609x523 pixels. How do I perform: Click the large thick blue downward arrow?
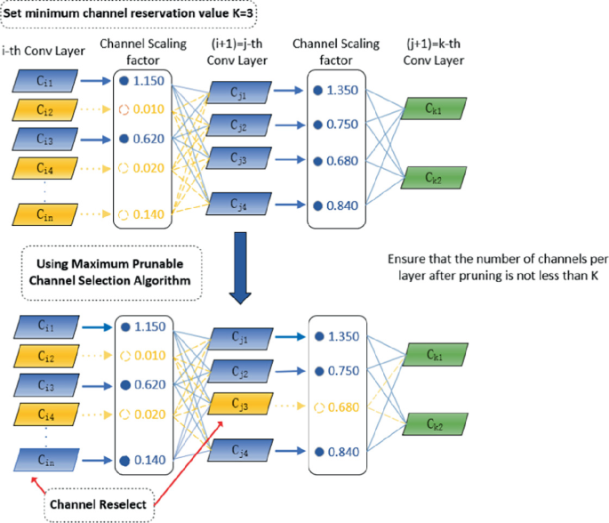tap(239, 263)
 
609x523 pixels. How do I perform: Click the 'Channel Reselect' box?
tap(98, 504)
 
